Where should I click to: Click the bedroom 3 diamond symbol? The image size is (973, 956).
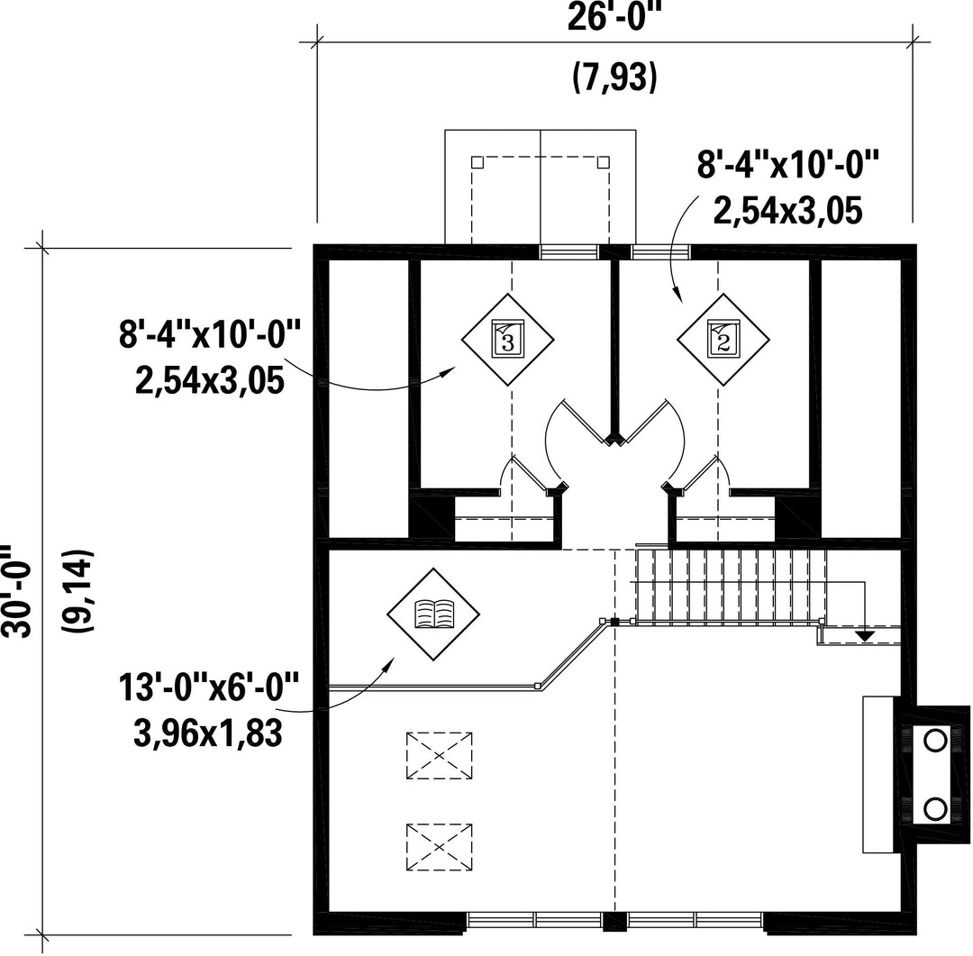pos(507,340)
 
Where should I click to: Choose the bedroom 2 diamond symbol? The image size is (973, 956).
pos(723,340)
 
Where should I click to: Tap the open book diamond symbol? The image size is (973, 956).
pos(433,615)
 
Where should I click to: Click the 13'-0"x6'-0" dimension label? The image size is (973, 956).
pos(210,687)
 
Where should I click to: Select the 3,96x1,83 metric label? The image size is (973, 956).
pos(208,733)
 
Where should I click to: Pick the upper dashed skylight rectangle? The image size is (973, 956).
pos(440,755)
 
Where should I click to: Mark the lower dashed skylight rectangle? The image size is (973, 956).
pos(440,847)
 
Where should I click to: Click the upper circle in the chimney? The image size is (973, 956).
pos(934,741)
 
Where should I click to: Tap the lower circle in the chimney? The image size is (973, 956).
pos(934,809)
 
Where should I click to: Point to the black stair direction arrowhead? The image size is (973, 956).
pos(864,635)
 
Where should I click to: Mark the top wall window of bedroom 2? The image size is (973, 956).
pos(660,252)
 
